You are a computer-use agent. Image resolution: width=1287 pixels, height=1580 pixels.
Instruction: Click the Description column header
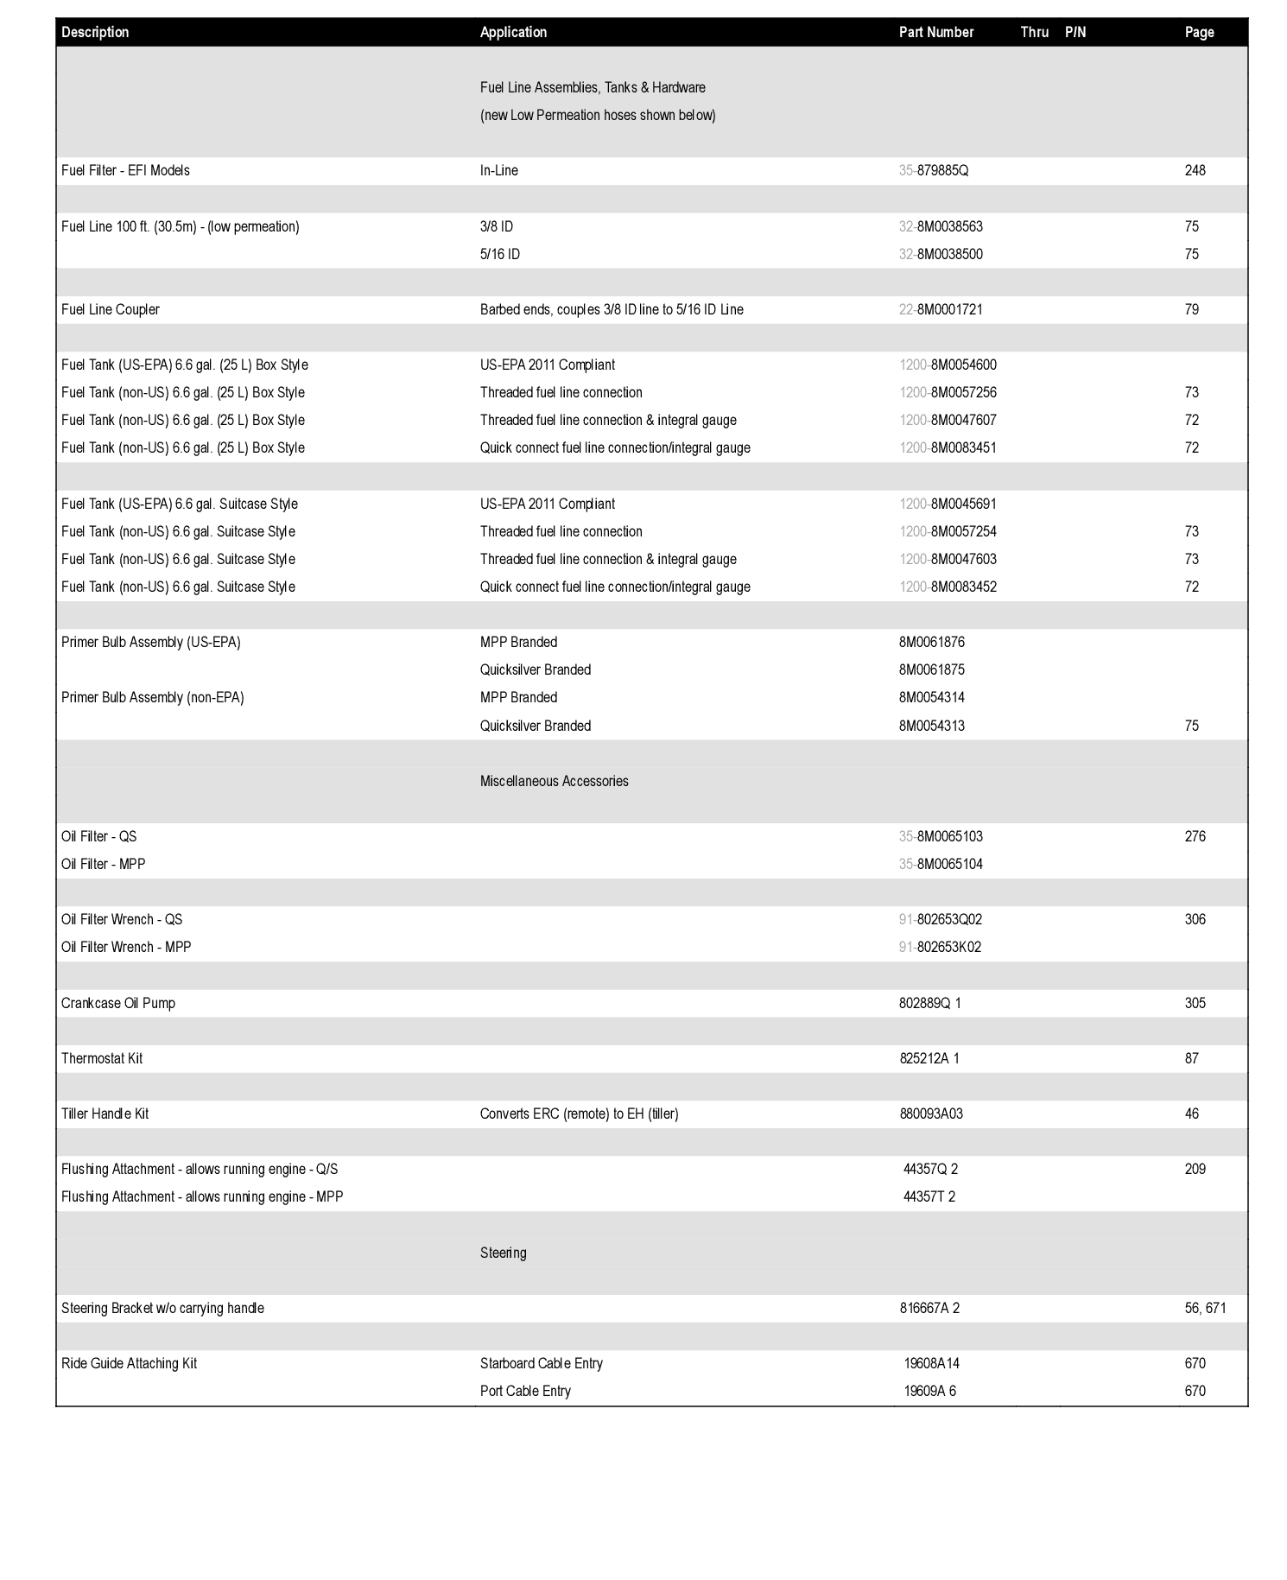point(95,32)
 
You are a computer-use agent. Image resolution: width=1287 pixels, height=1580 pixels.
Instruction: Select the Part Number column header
point(935,32)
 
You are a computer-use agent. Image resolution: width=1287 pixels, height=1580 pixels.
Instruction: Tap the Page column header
point(1199,32)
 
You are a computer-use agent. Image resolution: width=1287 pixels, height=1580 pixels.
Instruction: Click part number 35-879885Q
point(933,170)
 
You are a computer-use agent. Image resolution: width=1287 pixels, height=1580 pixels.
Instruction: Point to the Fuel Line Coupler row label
point(111,309)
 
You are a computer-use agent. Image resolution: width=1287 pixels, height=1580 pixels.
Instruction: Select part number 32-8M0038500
point(940,254)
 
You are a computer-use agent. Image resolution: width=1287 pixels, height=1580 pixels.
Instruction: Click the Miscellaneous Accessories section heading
point(554,781)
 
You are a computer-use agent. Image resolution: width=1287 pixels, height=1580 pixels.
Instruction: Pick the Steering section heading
point(503,1253)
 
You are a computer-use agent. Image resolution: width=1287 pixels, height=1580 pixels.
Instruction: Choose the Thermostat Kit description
point(102,1058)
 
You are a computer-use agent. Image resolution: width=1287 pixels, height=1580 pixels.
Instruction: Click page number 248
point(1195,170)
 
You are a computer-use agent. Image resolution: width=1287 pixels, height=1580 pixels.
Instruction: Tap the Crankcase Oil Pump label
point(117,1003)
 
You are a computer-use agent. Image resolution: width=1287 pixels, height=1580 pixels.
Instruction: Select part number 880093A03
point(931,1114)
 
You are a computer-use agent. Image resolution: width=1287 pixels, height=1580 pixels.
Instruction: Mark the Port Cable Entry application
point(525,1391)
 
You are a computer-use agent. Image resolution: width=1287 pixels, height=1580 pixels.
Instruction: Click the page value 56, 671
point(1205,1308)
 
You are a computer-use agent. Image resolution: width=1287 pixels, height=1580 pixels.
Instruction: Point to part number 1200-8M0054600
point(948,365)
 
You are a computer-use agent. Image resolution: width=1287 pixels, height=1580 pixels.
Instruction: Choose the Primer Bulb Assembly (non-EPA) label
point(152,697)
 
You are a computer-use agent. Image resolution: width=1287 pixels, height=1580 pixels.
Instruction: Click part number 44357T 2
point(929,1196)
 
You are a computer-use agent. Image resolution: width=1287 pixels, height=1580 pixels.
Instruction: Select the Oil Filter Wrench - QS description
point(122,919)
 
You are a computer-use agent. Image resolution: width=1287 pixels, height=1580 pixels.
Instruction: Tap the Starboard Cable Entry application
point(541,1363)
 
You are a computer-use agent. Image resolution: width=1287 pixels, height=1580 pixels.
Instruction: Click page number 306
point(1195,919)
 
